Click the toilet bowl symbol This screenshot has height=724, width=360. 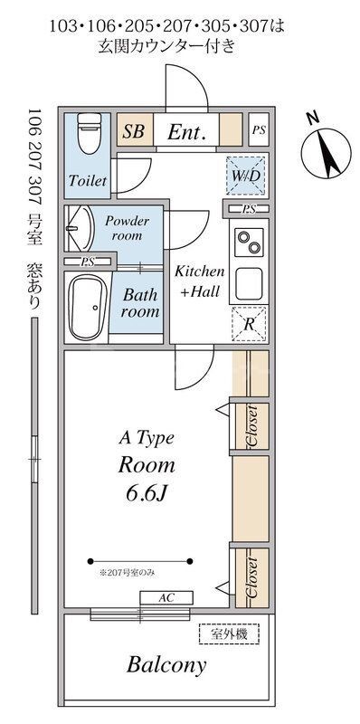pos(89,133)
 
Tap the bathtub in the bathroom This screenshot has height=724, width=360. pos(88,307)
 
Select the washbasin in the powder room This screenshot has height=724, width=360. pos(81,228)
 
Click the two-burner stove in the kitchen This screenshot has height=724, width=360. pos(249,242)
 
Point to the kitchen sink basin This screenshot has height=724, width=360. pos(249,283)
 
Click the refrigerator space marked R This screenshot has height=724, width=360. pos(250,324)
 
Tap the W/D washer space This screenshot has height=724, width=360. pos(246,176)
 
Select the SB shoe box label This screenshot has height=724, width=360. pos(133,131)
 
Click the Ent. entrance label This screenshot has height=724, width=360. pos(186,132)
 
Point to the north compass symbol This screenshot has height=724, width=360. pos(327,152)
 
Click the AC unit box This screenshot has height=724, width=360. pos(166,598)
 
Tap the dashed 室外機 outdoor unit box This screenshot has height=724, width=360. pos(230,633)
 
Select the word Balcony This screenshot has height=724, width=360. pos(166,665)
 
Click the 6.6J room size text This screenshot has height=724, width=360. pos(147,494)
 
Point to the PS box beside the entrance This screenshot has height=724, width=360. pos(259,129)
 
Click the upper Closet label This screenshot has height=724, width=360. pos(252,425)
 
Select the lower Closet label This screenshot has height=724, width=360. pos(252,577)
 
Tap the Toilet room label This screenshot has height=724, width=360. pos(88,180)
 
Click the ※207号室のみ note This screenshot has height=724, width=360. pos(128,574)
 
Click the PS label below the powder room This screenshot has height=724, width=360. pos(87,262)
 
